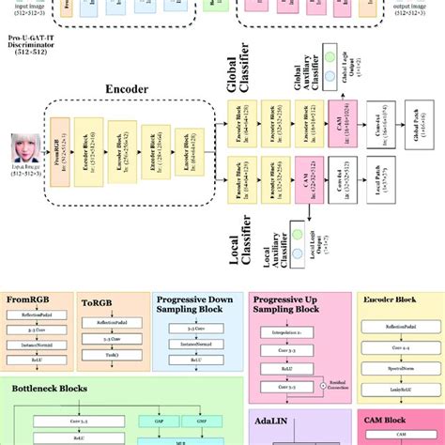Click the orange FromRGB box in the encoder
click(58, 156)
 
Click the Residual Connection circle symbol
click(325, 386)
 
